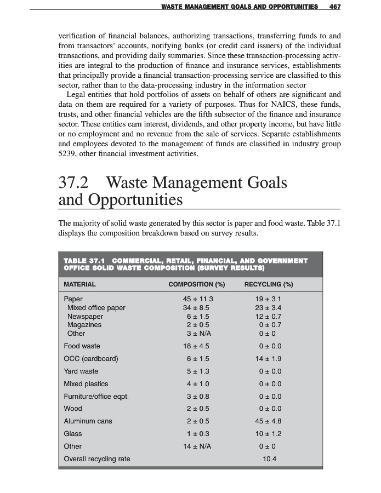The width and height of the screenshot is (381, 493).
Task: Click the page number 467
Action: (x=334, y=7)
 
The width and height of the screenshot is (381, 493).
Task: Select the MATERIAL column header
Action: (x=79, y=284)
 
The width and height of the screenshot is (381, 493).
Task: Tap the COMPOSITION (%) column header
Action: (x=197, y=284)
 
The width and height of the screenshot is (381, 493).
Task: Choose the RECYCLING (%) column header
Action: (x=269, y=284)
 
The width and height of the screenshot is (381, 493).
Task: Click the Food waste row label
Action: (x=82, y=346)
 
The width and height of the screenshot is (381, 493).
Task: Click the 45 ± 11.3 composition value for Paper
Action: (x=197, y=300)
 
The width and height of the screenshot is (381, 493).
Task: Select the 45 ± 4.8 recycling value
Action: (x=269, y=421)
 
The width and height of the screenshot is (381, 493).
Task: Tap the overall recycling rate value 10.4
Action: (x=269, y=459)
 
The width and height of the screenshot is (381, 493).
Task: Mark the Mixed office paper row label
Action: (x=96, y=308)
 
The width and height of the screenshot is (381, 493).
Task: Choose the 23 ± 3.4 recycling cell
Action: (x=269, y=308)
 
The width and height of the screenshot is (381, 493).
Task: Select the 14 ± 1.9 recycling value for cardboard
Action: (x=269, y=359)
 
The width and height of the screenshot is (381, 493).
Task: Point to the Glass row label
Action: (x=73, y=434)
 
